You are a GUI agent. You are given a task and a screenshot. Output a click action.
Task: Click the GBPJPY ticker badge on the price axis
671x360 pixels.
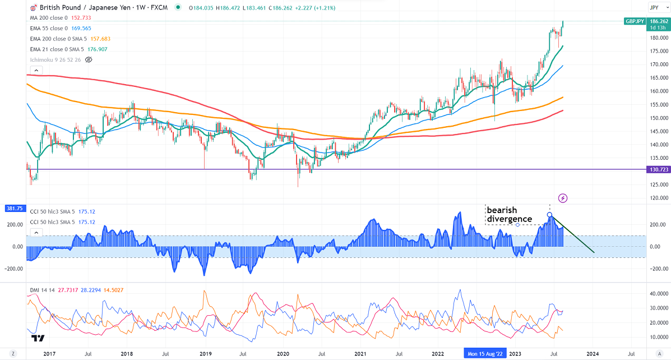(635, 21)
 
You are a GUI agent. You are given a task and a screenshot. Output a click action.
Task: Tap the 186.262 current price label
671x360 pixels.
(658, 21)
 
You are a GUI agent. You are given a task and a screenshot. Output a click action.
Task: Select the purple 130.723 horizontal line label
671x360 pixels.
(658, 169)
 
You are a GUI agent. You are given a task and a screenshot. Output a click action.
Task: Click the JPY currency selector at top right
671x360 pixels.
(654, 7)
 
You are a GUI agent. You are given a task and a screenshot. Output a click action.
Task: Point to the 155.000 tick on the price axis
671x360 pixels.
(658, 105)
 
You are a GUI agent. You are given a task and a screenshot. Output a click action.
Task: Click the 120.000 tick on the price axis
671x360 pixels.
(658, 198)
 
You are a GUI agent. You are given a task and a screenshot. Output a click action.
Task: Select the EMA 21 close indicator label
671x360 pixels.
(54, 49)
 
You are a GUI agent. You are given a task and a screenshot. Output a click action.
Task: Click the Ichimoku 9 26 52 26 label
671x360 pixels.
(55, 59)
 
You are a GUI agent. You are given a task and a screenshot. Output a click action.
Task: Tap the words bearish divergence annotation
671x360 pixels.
(509, 214)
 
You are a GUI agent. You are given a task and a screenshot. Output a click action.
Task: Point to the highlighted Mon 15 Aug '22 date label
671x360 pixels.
(485, 354)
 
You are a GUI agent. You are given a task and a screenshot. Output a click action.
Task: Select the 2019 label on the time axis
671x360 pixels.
(205, 354)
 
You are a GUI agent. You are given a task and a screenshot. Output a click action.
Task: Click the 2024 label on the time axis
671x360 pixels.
(593, 354)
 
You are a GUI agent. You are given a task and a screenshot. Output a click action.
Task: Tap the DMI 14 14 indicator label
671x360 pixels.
(41, 290)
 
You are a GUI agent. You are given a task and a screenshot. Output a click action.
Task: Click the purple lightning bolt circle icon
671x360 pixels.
(563, 198)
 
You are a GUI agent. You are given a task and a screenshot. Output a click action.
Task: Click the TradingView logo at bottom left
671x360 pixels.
(38, 338)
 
